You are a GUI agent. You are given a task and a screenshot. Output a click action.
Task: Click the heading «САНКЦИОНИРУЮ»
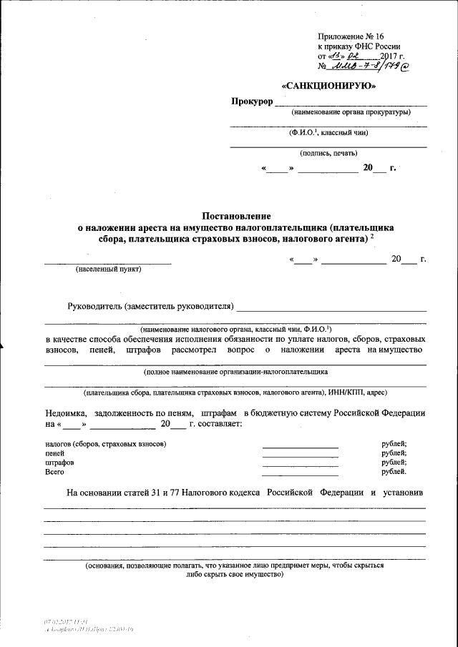point(329,86)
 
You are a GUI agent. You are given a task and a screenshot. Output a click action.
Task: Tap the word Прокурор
point(252,103)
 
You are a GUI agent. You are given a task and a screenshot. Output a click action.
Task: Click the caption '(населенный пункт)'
point(109,270)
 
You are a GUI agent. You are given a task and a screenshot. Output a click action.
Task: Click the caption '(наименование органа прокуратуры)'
point(350,113)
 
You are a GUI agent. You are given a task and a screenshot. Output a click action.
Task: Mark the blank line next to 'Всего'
point(300,475)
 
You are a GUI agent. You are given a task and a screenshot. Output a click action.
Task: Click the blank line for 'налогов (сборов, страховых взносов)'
point(300,447)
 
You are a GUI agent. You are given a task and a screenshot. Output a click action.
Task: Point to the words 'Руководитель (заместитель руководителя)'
point(151,307)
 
